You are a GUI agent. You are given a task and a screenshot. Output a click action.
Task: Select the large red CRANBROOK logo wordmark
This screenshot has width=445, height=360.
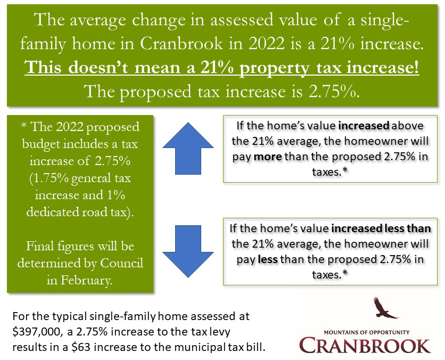[365, 344]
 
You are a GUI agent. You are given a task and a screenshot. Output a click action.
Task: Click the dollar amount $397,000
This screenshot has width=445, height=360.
[35, 332]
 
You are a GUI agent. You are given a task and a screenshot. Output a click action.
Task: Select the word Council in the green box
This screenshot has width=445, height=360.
[125, 264]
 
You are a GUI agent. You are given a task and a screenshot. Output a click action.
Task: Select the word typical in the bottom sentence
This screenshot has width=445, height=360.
[68, 316]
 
